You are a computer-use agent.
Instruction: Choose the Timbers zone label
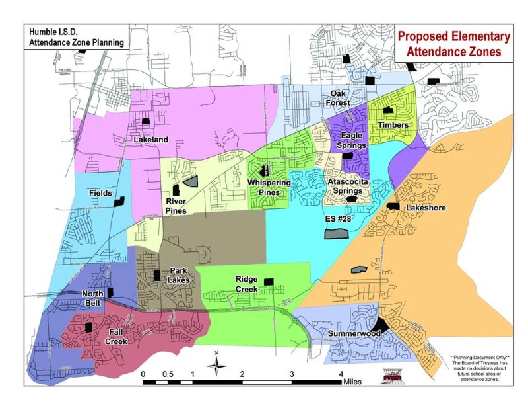(x=392, y=125)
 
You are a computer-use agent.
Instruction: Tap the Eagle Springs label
(x=350, y=141)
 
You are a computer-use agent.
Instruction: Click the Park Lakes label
(x=180, y=275)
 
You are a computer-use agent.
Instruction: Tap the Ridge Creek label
(x=246, y=284)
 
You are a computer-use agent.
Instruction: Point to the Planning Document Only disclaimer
(x=479, y=367)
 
